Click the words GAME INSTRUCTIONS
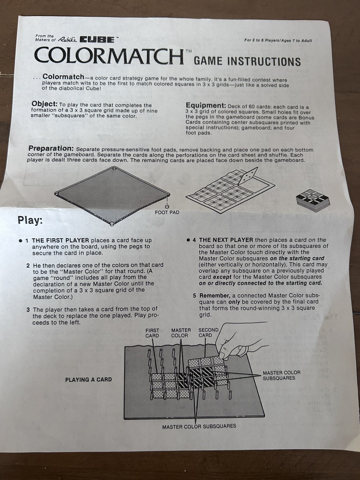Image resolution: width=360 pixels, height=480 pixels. (x=247, y=61)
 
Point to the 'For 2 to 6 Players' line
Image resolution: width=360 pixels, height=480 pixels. (x=278, y=40)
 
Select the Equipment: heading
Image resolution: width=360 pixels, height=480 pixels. (x=206, y=105)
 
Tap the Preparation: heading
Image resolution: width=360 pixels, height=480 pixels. (x=51, y=148)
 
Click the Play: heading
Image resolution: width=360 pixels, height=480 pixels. (x=30, y=220)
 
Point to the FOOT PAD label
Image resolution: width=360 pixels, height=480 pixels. (x=167, y=212)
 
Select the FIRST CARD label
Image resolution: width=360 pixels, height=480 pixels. (x=152, y=333)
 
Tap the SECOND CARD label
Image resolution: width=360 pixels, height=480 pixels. (x=208, y=332)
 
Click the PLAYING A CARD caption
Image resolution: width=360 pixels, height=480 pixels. (x=88, y=379)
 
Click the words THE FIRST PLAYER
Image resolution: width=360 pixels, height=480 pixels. (x=61, y=240)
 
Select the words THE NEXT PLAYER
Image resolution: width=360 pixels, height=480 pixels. (x=226, y=240)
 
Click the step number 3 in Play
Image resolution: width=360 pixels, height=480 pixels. (x=28, y=310)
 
